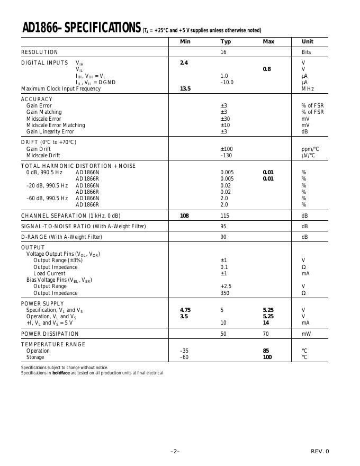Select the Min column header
185,42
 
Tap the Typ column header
226,42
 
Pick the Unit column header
308,42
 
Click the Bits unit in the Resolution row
307,52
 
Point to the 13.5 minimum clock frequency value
185,89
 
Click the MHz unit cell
308,89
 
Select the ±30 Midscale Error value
225,119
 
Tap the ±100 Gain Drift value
227,149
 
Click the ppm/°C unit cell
310,149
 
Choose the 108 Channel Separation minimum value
185,216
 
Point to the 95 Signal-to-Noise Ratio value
224,226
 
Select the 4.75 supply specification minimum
185,310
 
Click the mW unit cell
306,334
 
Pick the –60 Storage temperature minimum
184,357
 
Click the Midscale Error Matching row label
56,126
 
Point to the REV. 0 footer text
319,451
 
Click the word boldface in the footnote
61,373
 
